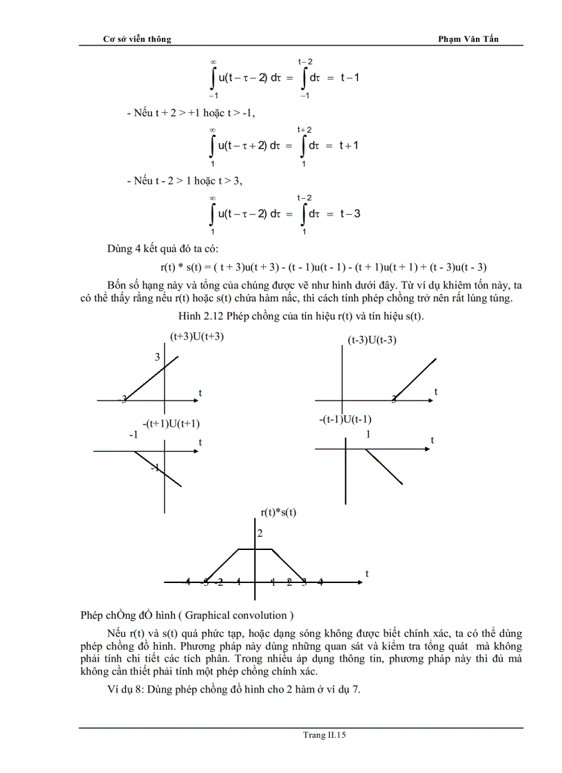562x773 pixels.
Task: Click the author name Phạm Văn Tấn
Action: (x=468, y=39)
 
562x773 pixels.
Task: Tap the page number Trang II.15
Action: (x=324, y=735)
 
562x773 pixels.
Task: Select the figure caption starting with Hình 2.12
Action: (x=301, y=316)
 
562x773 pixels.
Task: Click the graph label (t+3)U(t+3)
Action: (x=197, y=337)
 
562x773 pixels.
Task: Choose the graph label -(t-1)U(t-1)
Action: (x=346, y=419)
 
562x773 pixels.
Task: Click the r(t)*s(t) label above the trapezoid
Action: (x=278, y=511)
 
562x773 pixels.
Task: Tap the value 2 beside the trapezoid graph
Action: (x=260, y=533)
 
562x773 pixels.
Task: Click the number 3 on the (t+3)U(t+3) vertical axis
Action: (x=157, y=357)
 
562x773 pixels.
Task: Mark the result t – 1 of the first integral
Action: (x=349, y=78)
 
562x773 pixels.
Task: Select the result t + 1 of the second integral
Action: (x=349, y=145)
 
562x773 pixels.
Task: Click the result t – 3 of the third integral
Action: (x=350, y=213)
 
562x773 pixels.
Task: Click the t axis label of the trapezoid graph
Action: (x=367, y=573)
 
